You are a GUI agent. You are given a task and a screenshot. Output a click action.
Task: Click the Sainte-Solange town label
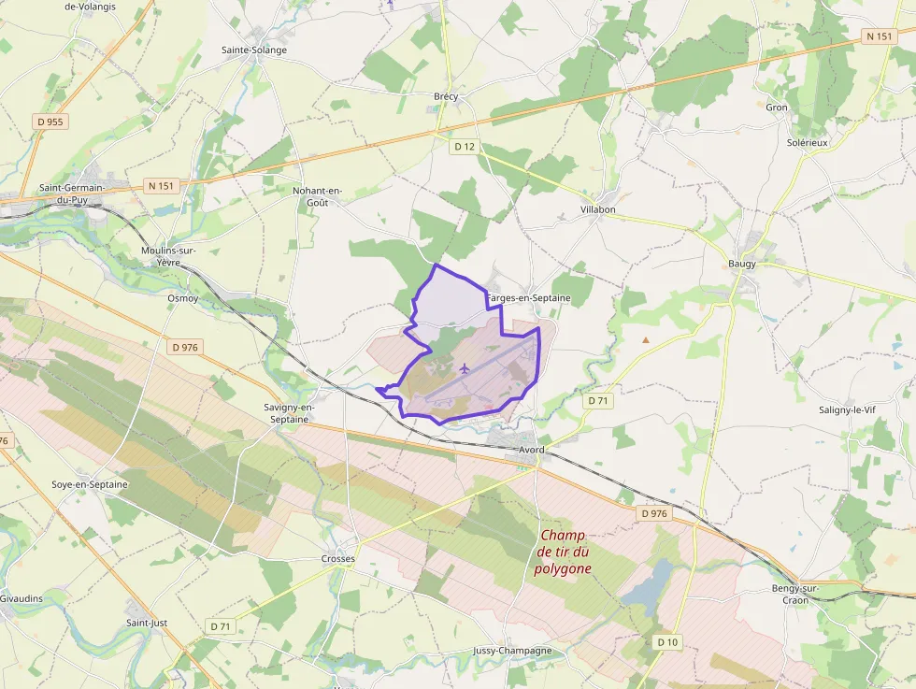(253, 50)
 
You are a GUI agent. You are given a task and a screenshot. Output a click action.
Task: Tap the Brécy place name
(447, 96)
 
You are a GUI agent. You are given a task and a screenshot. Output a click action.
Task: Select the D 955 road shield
(50, 122)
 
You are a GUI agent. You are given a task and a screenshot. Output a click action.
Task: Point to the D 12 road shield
(465, 146)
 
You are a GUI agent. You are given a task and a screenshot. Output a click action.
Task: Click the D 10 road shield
(667, 642)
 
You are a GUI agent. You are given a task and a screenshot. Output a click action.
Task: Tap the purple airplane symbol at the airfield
(465, 366)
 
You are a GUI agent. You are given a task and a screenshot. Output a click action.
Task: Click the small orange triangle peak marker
(645, 339)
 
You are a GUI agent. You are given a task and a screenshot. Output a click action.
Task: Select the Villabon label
(598, 209)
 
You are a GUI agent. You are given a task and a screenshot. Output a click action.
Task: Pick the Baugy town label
(742, 264)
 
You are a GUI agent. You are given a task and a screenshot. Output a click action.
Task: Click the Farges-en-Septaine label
(529, 297)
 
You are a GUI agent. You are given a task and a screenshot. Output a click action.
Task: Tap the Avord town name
(532, 450)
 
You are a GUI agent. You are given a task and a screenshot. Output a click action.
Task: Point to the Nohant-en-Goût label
(318, 196)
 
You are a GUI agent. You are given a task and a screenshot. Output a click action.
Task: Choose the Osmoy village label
(182, 298)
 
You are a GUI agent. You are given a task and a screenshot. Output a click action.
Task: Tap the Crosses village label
(338, 559)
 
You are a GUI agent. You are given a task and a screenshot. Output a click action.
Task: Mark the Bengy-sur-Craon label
(795, 594)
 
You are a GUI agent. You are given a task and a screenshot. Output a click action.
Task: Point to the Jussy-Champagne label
(512, 651)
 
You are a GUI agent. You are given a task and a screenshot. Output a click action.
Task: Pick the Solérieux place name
(808, 142)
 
